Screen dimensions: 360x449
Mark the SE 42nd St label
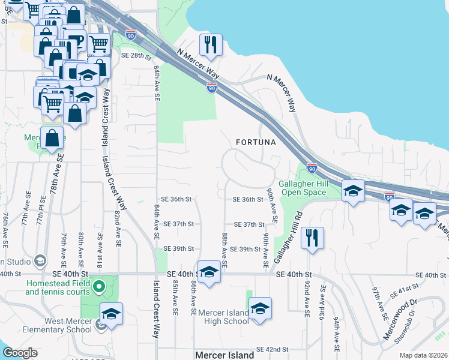point(273,349)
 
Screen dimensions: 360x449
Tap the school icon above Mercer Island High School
point(260,309)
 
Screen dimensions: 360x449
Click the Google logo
point(20,353)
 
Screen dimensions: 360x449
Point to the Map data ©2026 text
point(426,355)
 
